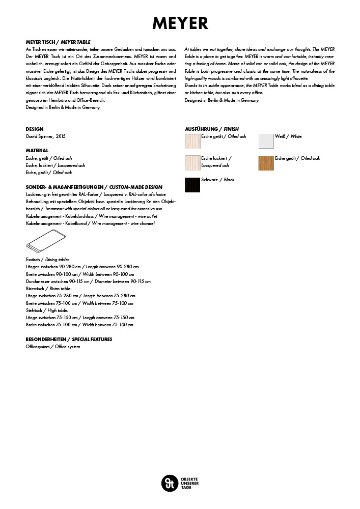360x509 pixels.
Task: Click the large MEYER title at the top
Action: tap(180, 23)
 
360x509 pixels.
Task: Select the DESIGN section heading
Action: tap(35, 129)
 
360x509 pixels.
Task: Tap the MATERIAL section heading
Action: tap(37, 151)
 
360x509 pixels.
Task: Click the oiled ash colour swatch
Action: tap(192, 140)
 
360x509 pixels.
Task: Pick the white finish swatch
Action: tap(266, 140)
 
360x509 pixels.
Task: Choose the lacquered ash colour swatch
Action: tap(192, 162)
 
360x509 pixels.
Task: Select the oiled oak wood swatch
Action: tap(266, 162)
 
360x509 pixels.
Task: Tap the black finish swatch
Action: tap(192, 184)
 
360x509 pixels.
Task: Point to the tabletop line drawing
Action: tap(46, 240)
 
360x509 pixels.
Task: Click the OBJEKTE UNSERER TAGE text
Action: tap(189, 482)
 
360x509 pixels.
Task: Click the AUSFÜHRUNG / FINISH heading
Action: tap(211, 129)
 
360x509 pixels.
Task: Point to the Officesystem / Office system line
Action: tap(53, 347)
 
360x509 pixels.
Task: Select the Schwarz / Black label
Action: tap(218, 180)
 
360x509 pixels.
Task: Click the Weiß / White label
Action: tap(288, 136)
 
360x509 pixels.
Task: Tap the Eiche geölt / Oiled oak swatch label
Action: tap(297, 158)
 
